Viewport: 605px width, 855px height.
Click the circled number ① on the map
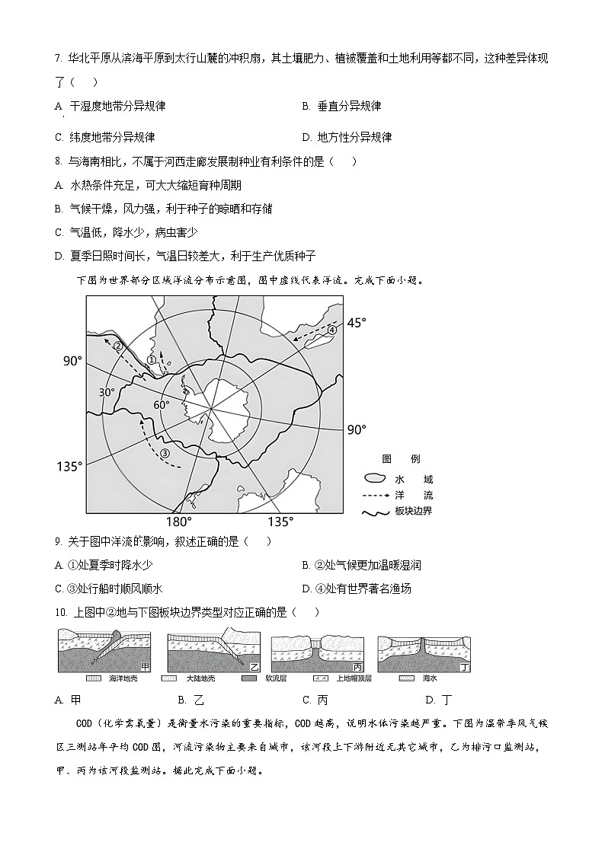(x=152, y=360)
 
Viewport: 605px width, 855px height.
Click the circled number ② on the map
(x=119, y=346)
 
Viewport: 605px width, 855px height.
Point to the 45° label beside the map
(x=335, y=323)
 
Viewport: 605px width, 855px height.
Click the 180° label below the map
(x=179, y=522)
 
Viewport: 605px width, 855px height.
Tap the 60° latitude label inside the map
(x=162, y=405)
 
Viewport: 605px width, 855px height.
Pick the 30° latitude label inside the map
(x=107, y=392)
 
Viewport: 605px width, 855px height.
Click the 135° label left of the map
(x=69, y=466)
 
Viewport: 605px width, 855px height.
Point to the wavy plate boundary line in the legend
(x=375, y=512)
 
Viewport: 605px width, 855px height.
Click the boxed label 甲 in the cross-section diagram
(x=145, y=666)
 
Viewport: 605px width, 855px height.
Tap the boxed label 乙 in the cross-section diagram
(x=253, y=666)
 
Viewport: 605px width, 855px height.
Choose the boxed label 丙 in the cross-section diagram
(x=357, y=666)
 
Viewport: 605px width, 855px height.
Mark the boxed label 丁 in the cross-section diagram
(x=464, y=666)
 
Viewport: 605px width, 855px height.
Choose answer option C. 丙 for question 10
(x=315, y=700)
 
